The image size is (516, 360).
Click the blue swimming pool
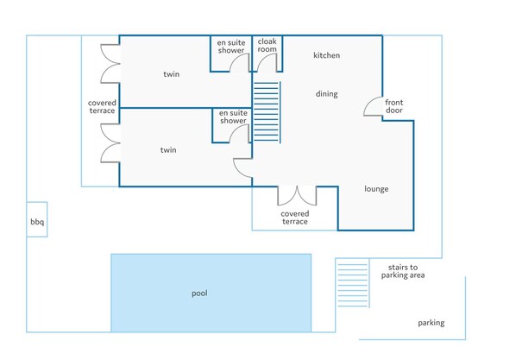pyautogui.click(x=211, y=293)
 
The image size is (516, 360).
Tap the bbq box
pyautogui.click(x=37, y=219)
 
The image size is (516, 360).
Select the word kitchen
pyautogui.click(x=326, y=55)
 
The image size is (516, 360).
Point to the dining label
pyautogui.click(x=326, y=94)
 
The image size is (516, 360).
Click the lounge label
pyautogui.click(x=376, y=189)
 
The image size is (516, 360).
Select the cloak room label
pyautogui.click(x=267, y=46)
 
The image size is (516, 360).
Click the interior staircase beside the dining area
pyautogui.click(x=267, y=112)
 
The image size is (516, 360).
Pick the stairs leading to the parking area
pyautogui.click(x=353, y=283)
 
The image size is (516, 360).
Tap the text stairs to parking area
pyautogui.click(x=403, y=271)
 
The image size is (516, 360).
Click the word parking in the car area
pyautogui.click(x=431, y=323)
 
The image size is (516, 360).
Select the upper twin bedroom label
pyautogui.click(x=172, y=74)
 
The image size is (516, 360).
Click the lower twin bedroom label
pyautogui.click(x=168, y=150)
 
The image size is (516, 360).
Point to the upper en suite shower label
pyautogui.click(x=231, y=47)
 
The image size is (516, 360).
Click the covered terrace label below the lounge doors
pyautogui.click(x=295, y=218)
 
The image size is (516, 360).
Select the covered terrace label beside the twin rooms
pyautogui.click(x=102, y=107)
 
